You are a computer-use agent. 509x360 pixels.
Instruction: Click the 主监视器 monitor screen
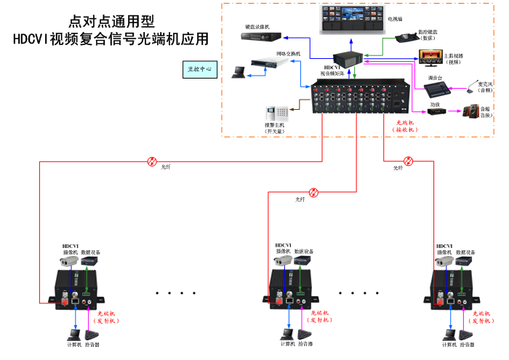tap(428, 56)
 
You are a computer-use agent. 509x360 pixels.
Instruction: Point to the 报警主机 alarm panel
tap(276, 113)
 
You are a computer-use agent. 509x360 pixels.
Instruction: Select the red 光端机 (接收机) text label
tap(404, 126)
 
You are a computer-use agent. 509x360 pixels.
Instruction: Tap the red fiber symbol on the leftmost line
tap(152, 161)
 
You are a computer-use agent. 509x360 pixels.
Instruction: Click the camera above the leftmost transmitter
tap(69, 260)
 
